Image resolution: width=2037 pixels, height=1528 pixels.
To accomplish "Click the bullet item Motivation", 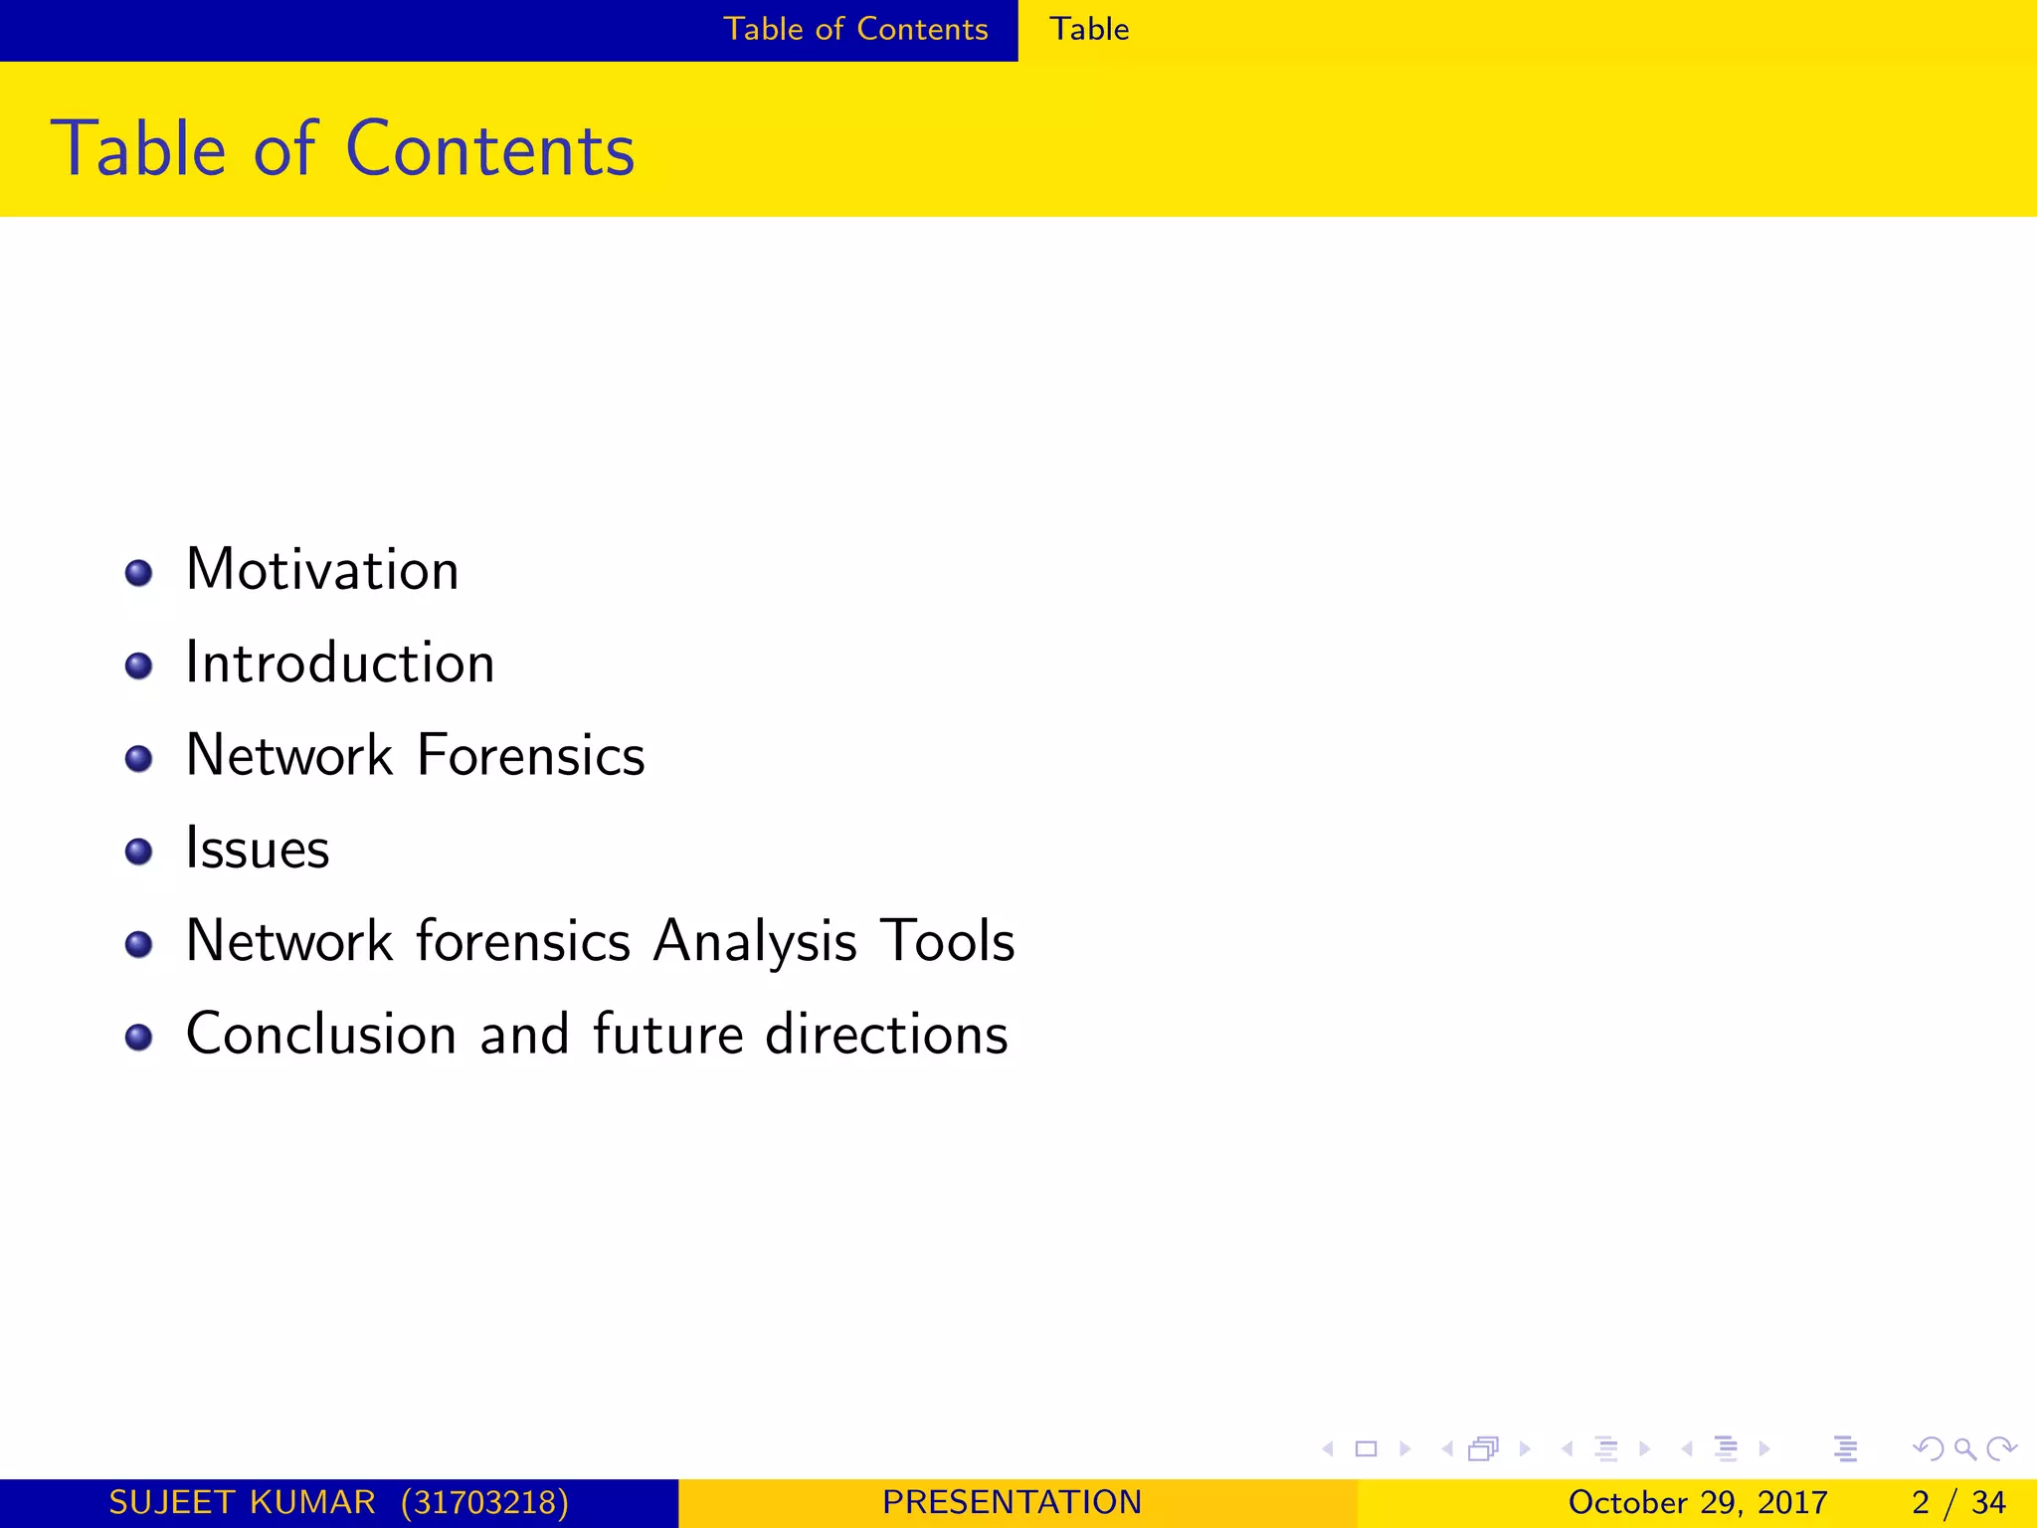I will point(322,570).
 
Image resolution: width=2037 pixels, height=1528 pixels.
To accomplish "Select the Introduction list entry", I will point(340,663).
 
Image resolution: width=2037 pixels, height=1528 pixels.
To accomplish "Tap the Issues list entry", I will point(258,849).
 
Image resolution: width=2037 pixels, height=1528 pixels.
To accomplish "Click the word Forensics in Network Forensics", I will point(531,755).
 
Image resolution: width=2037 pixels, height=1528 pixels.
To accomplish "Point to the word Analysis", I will point(755,941).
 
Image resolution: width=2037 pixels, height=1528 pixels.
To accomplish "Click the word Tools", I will point(948,941).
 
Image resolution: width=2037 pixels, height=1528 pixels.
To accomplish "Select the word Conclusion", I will point(321,1034).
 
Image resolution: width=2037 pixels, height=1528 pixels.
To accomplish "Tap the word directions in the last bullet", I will point(886,1034).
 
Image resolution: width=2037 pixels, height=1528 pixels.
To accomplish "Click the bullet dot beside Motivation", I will point(139,573).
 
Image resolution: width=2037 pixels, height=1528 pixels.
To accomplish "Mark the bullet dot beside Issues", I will point(139,852).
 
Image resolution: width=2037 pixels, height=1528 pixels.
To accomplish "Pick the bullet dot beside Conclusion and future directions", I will point(139,1038).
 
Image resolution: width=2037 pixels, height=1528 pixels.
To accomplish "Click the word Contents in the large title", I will point(489,149).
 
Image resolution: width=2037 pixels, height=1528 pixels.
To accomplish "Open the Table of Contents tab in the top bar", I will point(855,29).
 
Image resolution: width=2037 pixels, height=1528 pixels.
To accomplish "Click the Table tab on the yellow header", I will point(1089,29).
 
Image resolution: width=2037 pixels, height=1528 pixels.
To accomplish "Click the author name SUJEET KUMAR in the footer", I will point(242,1502).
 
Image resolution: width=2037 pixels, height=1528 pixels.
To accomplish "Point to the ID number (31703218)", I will point(484,1502).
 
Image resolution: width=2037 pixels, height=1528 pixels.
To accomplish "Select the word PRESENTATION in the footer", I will point(1013,1502).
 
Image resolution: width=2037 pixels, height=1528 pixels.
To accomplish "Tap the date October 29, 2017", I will point(1698,1502).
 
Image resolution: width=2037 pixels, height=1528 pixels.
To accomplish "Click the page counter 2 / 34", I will point(1958,1502).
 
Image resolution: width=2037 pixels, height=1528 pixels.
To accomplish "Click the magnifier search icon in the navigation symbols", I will point(1964,1448).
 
